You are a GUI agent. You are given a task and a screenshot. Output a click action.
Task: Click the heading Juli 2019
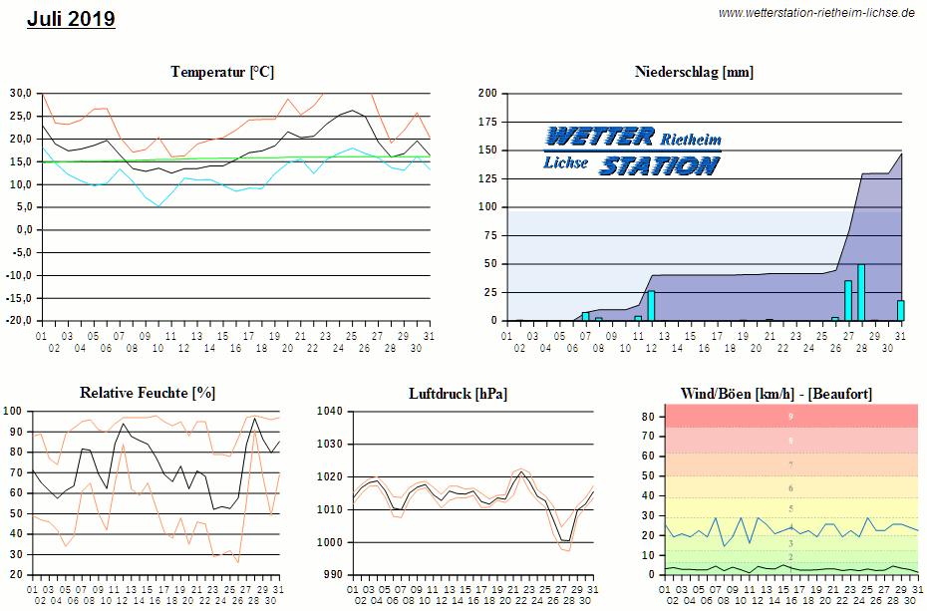tap(71, 18)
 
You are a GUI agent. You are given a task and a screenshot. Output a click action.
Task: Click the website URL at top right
tap(816, 13)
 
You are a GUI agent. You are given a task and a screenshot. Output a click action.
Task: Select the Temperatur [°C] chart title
tap(222, 72)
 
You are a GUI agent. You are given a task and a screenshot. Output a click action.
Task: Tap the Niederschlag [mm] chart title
tap(694, 72)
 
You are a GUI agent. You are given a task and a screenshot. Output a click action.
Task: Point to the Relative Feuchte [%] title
tap(148, 393)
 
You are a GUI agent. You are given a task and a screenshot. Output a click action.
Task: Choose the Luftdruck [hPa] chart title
tap(458, 394)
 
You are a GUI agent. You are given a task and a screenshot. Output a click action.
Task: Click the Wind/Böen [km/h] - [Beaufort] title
tap(775, 394)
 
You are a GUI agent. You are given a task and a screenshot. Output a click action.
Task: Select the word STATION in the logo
tap(658, 165)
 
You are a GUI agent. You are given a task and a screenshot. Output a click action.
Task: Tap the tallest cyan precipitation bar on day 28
tap(860, 293)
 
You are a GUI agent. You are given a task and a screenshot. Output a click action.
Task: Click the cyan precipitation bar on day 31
tap(900, 310)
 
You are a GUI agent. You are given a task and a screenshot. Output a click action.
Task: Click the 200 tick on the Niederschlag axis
tap(487, 94)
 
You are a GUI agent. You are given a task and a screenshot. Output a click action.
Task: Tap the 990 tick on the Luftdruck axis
tap(332, 575)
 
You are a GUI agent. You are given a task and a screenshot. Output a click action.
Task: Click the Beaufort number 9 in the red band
tap(790, 417)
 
